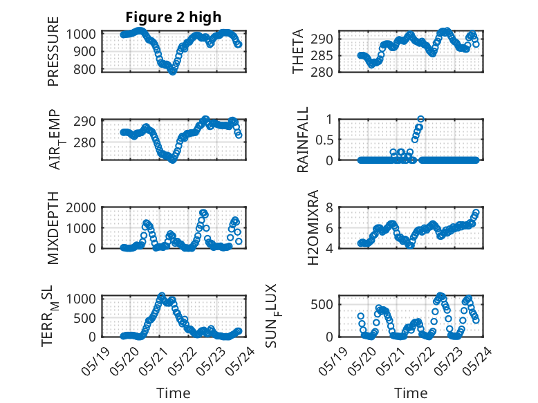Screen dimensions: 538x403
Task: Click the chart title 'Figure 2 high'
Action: point(174,17)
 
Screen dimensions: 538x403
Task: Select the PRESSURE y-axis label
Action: point(53,51)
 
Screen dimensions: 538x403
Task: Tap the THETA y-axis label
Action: point(298,51)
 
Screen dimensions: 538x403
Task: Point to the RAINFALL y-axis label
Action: point(303,140)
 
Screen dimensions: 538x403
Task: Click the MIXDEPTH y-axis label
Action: point(53,228)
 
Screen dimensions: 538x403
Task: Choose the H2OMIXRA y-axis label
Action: point(313,227)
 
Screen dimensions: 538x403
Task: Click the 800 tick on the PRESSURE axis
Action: point(84,70)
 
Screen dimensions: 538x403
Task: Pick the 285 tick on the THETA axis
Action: point(322,55)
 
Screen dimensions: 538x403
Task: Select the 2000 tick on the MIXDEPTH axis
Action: point(81,207)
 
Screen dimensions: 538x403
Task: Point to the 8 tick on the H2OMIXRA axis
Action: point(329,207)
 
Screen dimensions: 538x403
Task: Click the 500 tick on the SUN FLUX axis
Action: point(322,305)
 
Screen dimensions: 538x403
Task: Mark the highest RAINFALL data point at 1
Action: point(420,119)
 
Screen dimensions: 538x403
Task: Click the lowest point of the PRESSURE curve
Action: point(173,72)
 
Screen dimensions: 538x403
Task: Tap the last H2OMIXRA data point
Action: point(476,212)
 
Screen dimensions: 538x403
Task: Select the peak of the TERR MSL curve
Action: point(162,295)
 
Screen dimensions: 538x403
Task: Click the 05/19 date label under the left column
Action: point(95,362)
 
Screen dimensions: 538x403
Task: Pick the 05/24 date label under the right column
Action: point(476,362)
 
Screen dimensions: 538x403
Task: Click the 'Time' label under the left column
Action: point(174,393)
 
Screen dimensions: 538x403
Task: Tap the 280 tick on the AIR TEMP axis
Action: point(84,142)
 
